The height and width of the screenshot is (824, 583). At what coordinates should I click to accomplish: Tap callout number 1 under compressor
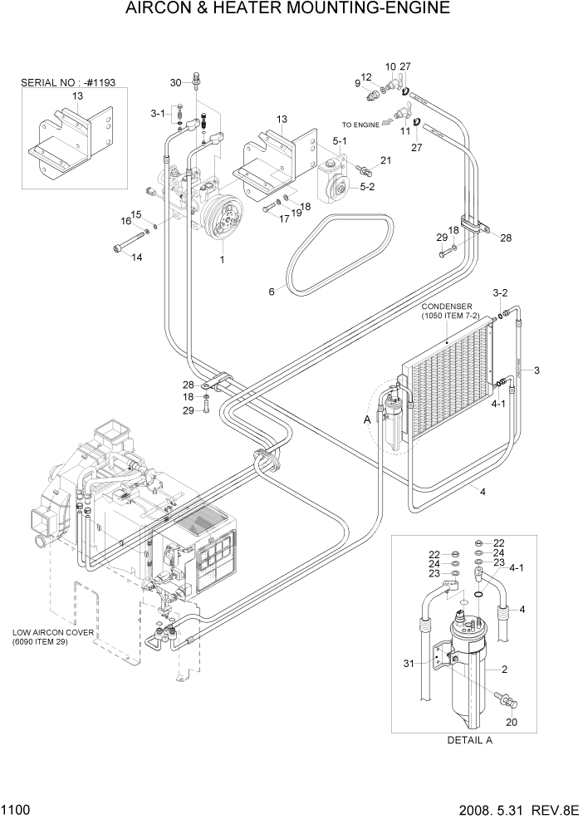click(222, 259)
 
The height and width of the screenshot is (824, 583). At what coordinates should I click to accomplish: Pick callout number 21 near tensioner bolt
click(385, 160)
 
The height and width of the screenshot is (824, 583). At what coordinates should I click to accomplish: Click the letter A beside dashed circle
click(367, 420)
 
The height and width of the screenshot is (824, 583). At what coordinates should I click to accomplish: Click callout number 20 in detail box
click(512, 722)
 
